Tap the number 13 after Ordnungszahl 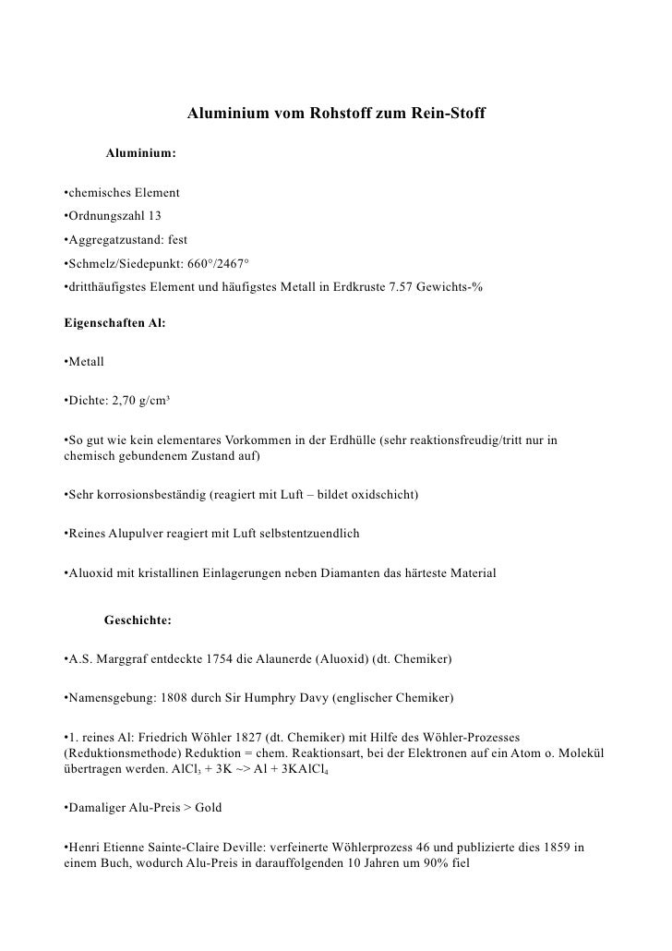(153, 215)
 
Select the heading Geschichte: (138, 621)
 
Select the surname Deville (259, 847)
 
